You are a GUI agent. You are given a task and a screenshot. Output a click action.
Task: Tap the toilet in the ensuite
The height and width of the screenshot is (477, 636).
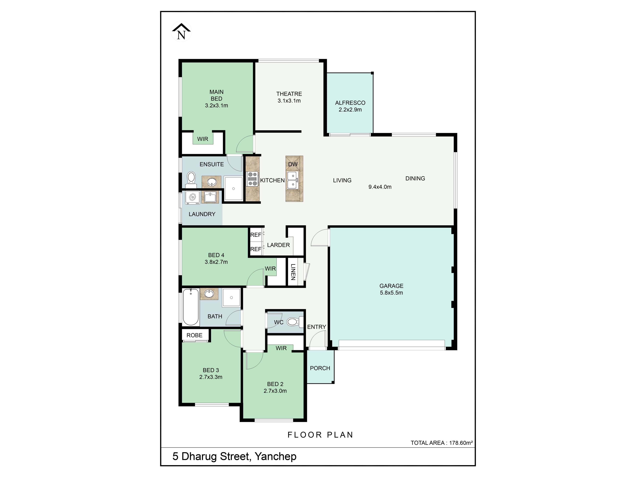(191, 178)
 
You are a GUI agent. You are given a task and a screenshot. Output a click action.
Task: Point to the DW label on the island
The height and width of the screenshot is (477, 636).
(293, 164)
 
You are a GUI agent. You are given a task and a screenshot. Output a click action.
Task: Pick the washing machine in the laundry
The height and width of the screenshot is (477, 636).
(193, 198)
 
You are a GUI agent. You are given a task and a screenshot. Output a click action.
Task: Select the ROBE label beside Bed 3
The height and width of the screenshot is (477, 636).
(194, 335)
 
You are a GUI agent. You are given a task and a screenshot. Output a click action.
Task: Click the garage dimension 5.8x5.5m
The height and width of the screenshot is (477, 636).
(391, 293)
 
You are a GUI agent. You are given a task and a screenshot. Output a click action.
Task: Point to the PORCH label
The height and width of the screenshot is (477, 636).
(320, 368)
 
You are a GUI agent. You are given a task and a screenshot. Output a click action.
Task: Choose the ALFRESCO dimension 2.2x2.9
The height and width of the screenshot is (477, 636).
(350, 109)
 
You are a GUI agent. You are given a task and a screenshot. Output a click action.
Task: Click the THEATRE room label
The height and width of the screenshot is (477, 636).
(289, 94)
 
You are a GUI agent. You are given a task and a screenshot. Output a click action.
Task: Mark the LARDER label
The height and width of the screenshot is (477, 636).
(278, 245)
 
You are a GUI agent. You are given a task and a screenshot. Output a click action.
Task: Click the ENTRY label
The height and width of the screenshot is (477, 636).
(317, 327)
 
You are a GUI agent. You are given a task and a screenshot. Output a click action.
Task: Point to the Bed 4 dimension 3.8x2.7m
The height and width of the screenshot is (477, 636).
(216, 262)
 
